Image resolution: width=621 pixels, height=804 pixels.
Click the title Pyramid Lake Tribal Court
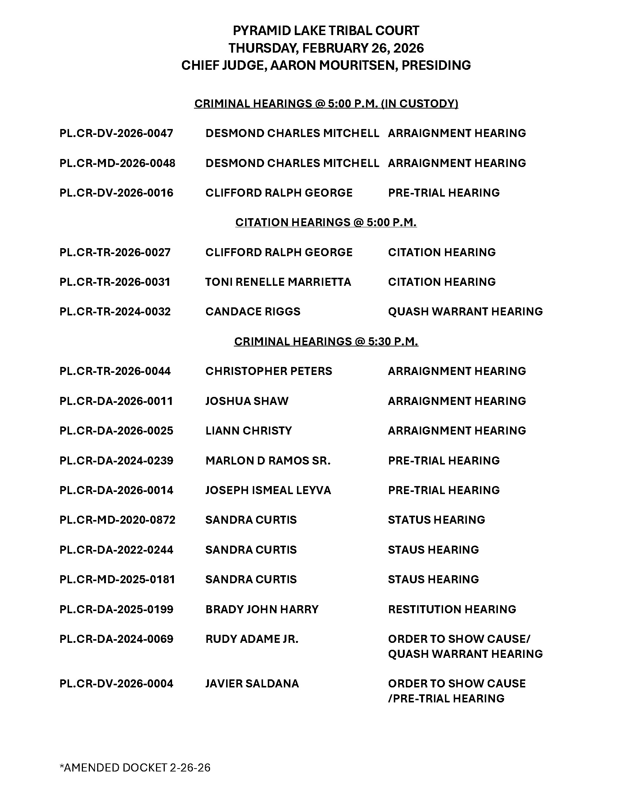pyautogui.click(x=326, y=31)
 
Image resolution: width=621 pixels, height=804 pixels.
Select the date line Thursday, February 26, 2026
pyautogui.click(x=326, y=48)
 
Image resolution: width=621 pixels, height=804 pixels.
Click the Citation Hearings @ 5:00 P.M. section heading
pyautogui.click(x=326, y=222)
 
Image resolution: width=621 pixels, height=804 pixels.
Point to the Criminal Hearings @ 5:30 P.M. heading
pyautogui.click(x=326, y=342)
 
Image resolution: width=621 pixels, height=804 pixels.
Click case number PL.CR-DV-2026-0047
pyautogui.click(x=116, y=133)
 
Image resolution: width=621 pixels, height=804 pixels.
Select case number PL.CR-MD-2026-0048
pyautogui.click(x=117, y=163)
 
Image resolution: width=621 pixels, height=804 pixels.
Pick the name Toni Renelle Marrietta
pyautogui.click(x=278, y=282)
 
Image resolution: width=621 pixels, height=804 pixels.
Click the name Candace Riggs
pyautogui.click(x=253, y=312)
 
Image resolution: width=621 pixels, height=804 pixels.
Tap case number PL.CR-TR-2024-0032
pyautogui.click(x=115, y=312)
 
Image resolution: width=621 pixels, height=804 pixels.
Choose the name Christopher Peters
pyautogui.click(x=268, y=371)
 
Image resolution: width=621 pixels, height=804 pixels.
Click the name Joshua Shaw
pyautogui.click(x=247, y=401)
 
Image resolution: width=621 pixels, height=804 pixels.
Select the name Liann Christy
pyautogui.click(x=248, y=431)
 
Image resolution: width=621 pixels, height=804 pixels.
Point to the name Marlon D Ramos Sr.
pyautogui.click(x=268, y=460)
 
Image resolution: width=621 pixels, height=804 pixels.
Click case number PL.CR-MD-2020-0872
pyautogui.click(x=117, y=520)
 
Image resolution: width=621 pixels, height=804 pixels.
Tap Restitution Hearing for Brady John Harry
pyautogui.click(x=452, y=609)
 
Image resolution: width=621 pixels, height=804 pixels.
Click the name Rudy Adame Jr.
pyautogui.click(x=252, y=639)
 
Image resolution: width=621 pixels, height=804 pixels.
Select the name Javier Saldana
pyautogui.click(x=252, y=684)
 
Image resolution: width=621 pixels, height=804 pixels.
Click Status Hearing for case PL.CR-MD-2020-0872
pyautogui.click(x=436, y=520)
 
